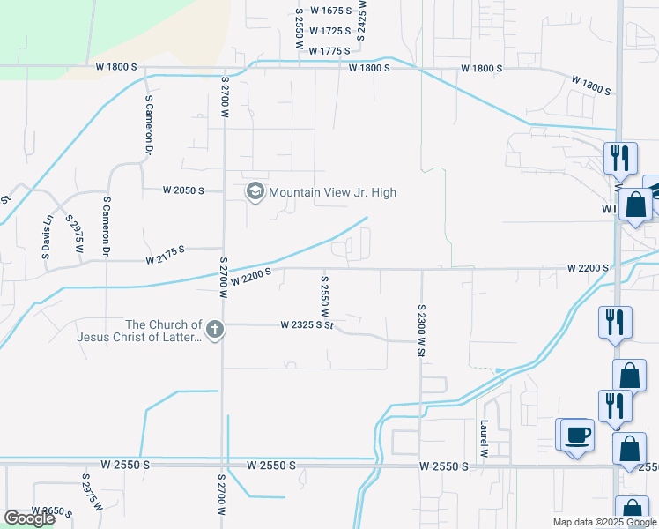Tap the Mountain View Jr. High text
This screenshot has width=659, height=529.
pos(332,192)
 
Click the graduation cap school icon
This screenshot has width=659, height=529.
pos(255,192)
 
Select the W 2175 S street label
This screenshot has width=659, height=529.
pos(165,256)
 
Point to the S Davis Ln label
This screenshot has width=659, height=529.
pos(48,230)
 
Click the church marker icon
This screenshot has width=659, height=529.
pos(215,330)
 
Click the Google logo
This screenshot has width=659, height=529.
pos(29,518)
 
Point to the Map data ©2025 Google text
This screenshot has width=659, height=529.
pos(603,522)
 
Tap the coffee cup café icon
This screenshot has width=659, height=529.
pos(577,436)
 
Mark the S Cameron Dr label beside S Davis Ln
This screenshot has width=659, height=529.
pos(106,226)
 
